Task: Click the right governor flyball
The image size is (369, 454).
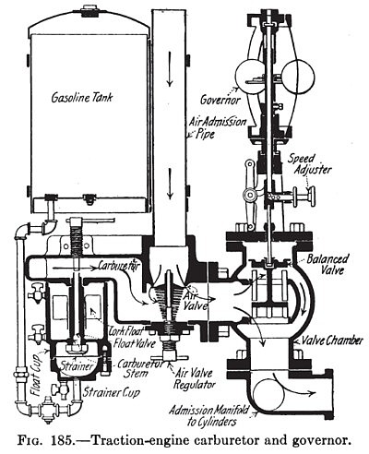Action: [x=299, y=77]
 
